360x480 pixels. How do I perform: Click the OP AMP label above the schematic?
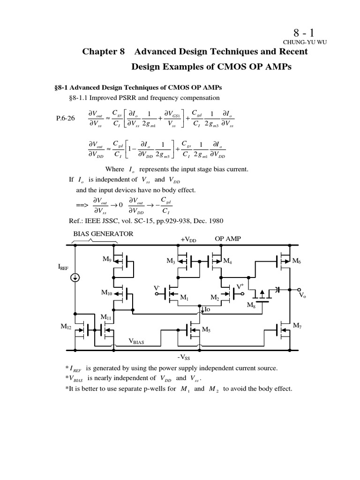coord(227,239)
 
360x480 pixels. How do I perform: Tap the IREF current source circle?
coord(75,277)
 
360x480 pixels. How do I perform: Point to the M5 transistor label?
coord(206,330)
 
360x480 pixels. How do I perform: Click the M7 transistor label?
coord(297,325)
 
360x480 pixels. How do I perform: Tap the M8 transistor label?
coord(251,305)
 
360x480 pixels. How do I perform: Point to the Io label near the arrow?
coord(210,309)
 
